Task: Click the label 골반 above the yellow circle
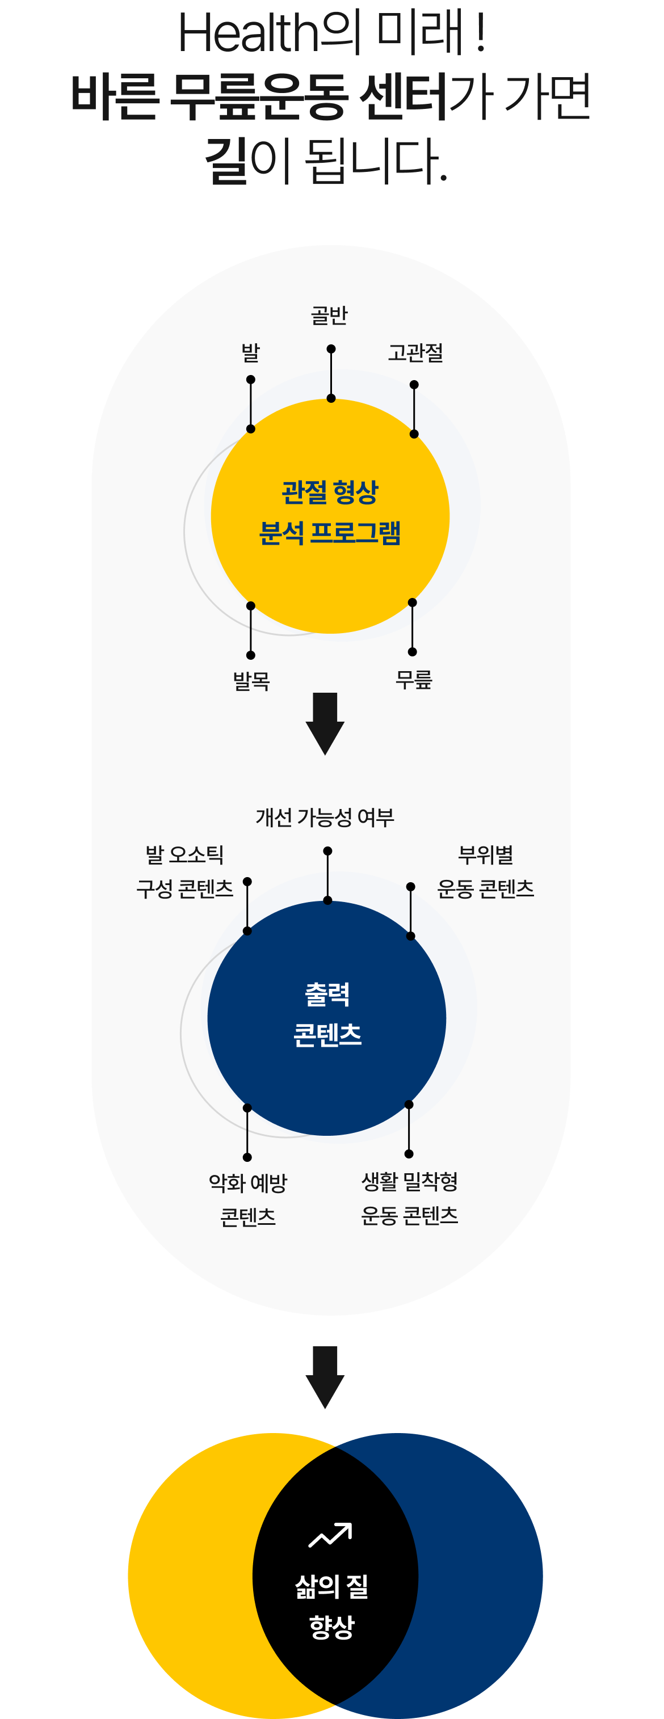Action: tap(329, 315)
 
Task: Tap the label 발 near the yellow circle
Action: tap(250, 352)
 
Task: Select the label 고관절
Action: tap(415, 352)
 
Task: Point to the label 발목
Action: tap(251, 681)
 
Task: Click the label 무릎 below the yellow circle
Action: tap(414, 679)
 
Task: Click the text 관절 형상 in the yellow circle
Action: tap(330, 492)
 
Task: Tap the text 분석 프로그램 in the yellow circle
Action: tap(330, 533)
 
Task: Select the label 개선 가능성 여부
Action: tap(325, 817)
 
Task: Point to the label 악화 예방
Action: tap(247, 1182)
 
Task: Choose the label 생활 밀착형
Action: tap(409, 1181)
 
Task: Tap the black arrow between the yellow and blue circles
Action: tap(325, 723)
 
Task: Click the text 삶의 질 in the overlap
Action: tap(331, 1586)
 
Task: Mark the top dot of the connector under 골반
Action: tap(331, 349)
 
